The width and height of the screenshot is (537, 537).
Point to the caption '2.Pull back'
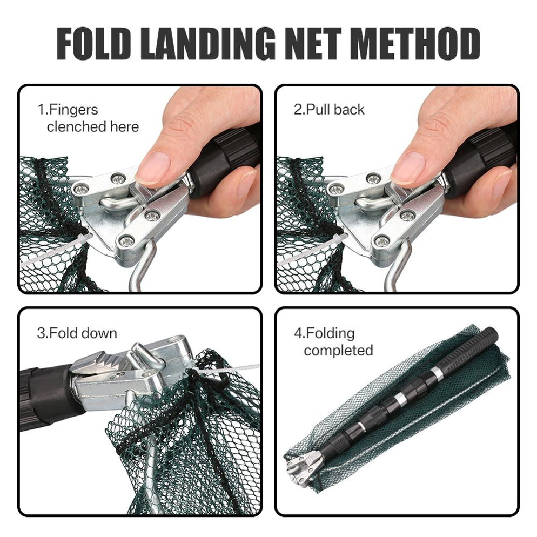[x=328, y=110]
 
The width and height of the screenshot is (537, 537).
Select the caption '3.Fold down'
[x=77, y=333]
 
